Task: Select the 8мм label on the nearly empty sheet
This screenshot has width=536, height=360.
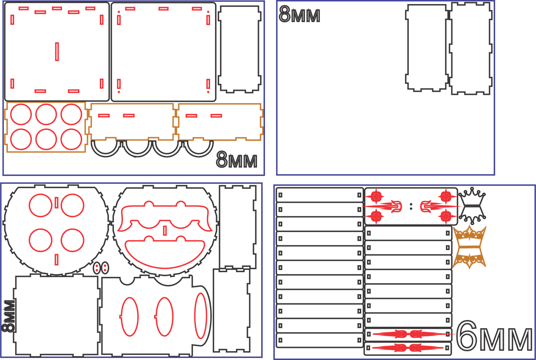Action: [299, 14]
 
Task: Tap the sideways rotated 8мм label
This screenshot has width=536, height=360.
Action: [9, 316]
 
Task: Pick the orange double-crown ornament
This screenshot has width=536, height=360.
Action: [469, 247]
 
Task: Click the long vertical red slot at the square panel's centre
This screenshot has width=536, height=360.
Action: [57, 52]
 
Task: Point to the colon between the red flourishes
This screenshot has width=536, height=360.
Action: [411, 206]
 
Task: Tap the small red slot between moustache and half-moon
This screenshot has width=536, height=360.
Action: [165, 231]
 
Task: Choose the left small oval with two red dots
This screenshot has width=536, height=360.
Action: [97, 268]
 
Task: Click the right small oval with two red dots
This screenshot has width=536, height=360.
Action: [105, 268]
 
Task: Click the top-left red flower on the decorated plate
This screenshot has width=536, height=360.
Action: [376, 197]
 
